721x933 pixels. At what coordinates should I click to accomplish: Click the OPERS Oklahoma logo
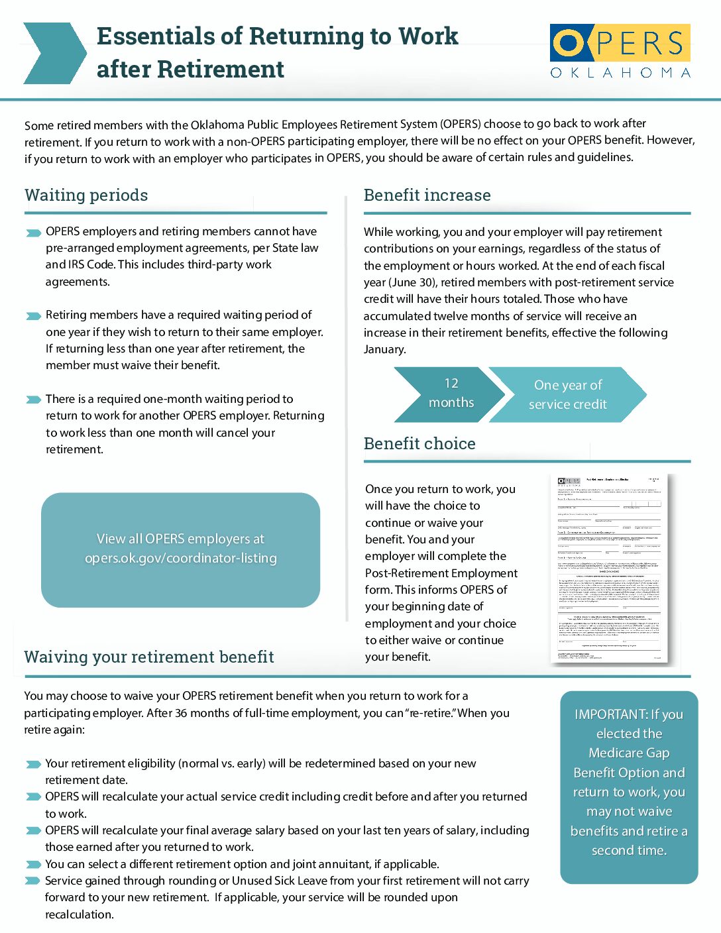coord(620,52)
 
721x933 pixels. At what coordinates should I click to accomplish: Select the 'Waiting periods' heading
coord(86,195)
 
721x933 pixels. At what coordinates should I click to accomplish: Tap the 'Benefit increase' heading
coord(427,195)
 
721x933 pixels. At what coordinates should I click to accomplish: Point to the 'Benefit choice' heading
coord(419,444)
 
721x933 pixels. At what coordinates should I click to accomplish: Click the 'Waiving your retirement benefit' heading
coord(149,657)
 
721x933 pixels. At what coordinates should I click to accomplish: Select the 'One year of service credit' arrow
coord(569,394)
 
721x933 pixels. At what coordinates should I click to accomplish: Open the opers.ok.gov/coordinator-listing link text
coord(180,559)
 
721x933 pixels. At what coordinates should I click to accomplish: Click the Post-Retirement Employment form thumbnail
coord(609,568)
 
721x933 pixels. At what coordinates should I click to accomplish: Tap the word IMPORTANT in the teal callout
coord(610,715)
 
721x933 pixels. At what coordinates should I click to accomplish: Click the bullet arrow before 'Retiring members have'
coord(33,316)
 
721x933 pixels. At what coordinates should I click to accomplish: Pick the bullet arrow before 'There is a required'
coord(33,400)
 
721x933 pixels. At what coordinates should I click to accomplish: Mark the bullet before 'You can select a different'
coord(33,865)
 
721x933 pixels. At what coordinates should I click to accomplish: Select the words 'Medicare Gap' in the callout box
coord(629,753)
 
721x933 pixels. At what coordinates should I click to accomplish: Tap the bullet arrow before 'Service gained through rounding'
coord(33,881)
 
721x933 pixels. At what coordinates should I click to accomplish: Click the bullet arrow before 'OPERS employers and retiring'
coord(33,233)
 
